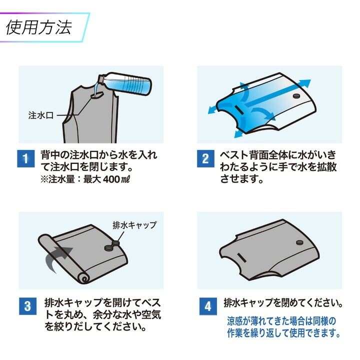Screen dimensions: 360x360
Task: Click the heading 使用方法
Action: pyautogui.click(x=39, y=26)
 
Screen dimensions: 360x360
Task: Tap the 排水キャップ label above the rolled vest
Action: pyautogui.click(x=134, y=225)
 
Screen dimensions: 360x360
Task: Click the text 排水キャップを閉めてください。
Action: pyautogui.click(x=282, y=303)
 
